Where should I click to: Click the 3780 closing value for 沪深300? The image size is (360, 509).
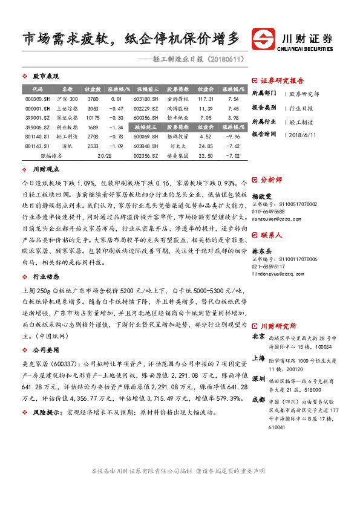point(93,99)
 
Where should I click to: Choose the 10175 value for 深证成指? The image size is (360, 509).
point(93,118)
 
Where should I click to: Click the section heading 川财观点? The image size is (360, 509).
point(46,171)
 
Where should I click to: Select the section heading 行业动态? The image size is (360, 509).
point(46,276)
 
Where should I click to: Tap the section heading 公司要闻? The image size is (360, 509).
point(46,349)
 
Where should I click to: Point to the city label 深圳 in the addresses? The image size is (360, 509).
point(258,378)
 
